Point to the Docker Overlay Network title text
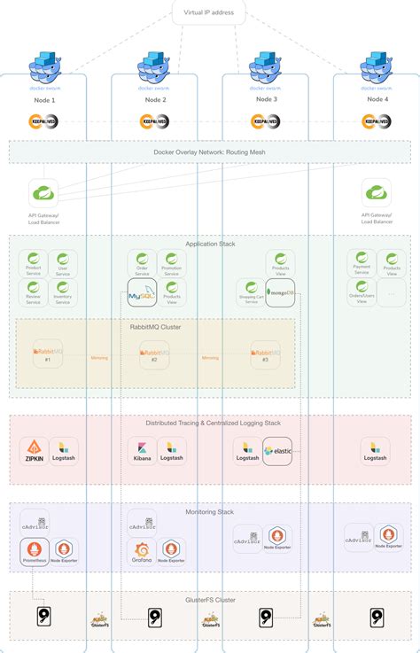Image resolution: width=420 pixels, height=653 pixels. click(x=208, y=152)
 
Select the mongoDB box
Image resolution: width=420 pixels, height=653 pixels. click(x=279, y=292)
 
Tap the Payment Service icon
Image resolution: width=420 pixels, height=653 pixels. click(x=362, y=260)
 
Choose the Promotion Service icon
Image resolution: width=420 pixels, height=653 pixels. click(x=172, y=261)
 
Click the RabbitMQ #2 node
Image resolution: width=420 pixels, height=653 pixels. click(x=154, y=354)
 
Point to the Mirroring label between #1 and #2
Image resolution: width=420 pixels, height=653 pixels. click(x=98, y=358)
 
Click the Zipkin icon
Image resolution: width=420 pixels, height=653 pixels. click(x=34, y=450)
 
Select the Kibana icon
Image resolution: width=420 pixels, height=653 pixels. click(x=142, y=450)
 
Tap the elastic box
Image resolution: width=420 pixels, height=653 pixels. click(x=278, y=451)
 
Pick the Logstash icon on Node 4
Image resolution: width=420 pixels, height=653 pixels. click(x=376, y=450)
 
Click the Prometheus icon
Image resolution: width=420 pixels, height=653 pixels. click(x=34, y=553)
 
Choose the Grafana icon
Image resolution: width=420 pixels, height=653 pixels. click(x=142, y=553)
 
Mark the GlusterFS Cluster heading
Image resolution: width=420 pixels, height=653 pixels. click(x=209, y=600)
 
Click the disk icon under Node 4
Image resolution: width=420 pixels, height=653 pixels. click(x=376, y=618)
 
